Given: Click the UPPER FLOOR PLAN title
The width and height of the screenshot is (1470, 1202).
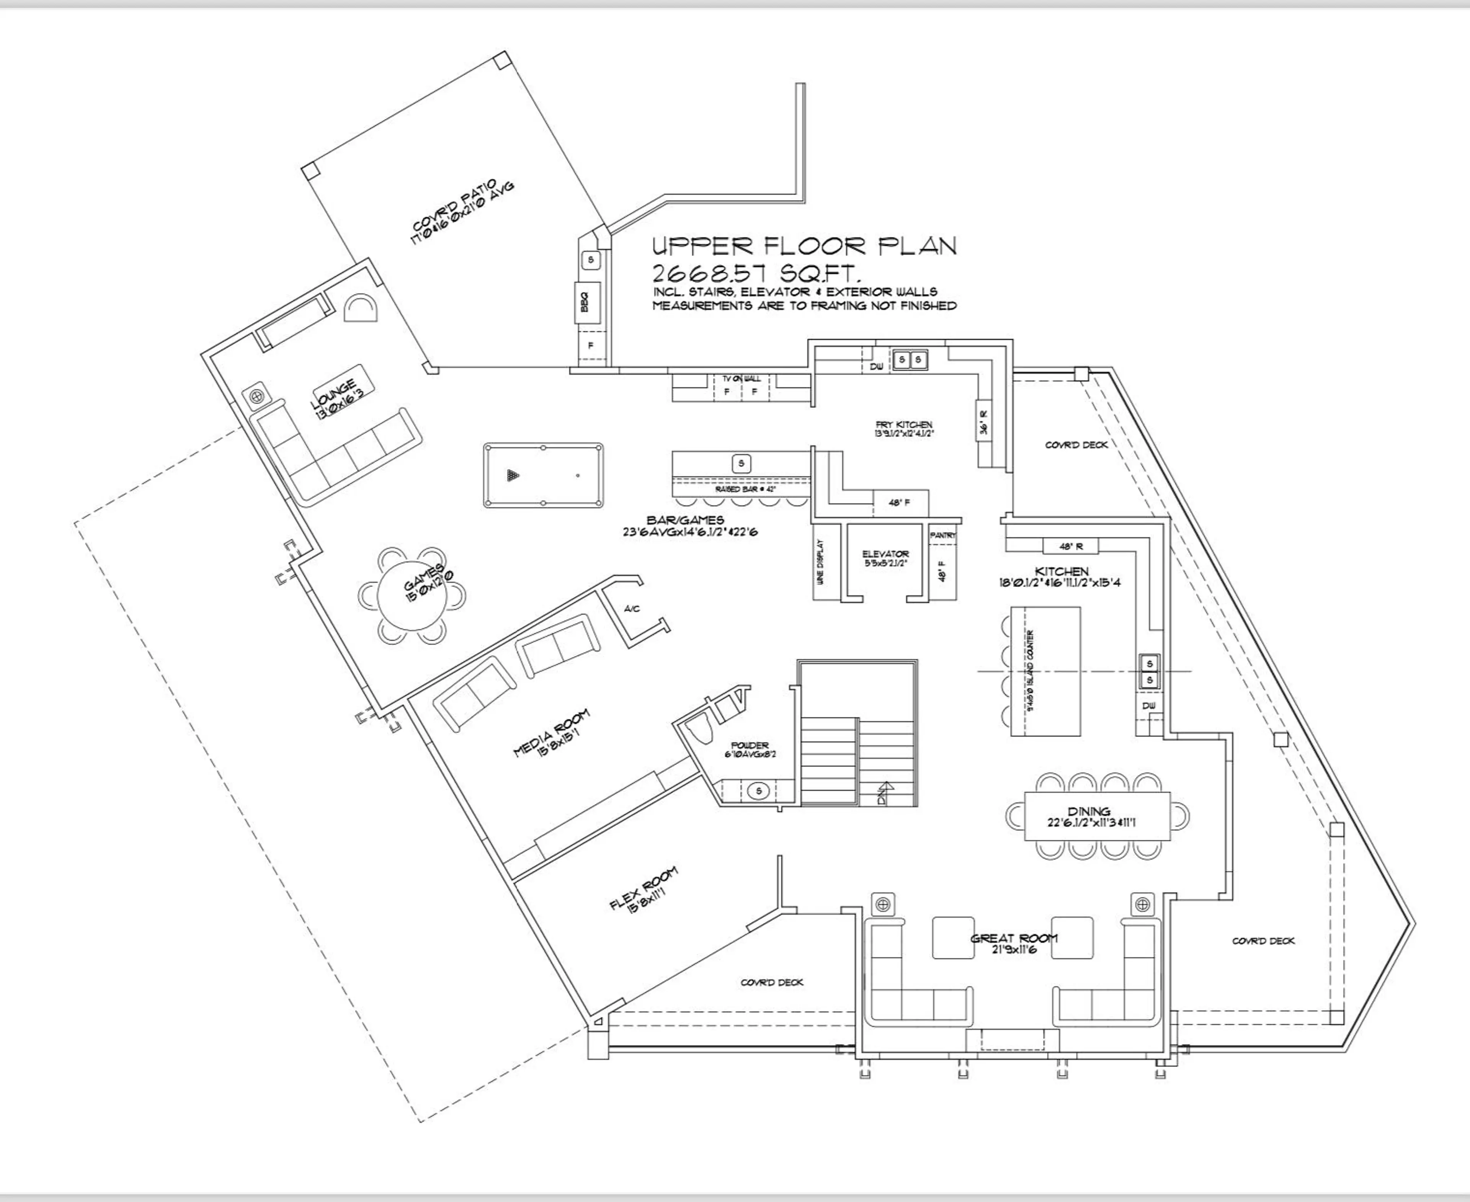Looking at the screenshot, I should pyautogui.click(x=805, y=246).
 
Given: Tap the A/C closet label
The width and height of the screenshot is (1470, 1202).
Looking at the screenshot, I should pyautogui.click(x=632, y=609).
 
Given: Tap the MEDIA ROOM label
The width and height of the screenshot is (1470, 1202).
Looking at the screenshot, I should pyautogui.click(x=552, y=733).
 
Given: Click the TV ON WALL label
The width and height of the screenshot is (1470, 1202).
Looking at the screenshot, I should pyautogui.click(x=742, y=379).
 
